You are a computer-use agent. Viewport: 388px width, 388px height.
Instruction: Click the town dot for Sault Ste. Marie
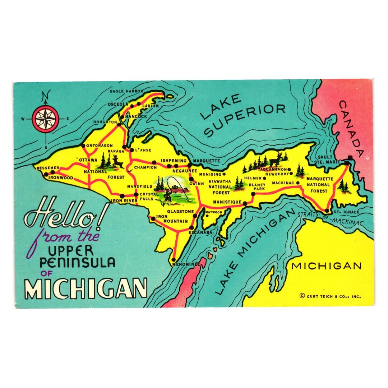point(347,163)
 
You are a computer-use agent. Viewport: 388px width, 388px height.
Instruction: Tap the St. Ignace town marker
point(327,211)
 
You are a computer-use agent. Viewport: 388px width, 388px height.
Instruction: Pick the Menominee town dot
point(174,259)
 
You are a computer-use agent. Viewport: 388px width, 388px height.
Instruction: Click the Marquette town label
point(206,160)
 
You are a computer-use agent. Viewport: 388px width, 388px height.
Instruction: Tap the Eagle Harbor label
point(126,91)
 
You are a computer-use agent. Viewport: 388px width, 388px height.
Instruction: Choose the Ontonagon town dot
point(83,146)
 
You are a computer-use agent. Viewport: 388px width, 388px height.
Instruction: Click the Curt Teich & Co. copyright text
point(330,296)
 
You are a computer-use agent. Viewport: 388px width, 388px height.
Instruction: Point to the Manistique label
point(227,202)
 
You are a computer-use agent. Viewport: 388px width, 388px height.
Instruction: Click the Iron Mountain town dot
point(153,218)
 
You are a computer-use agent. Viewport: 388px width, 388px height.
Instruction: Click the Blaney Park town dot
point(253,194)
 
